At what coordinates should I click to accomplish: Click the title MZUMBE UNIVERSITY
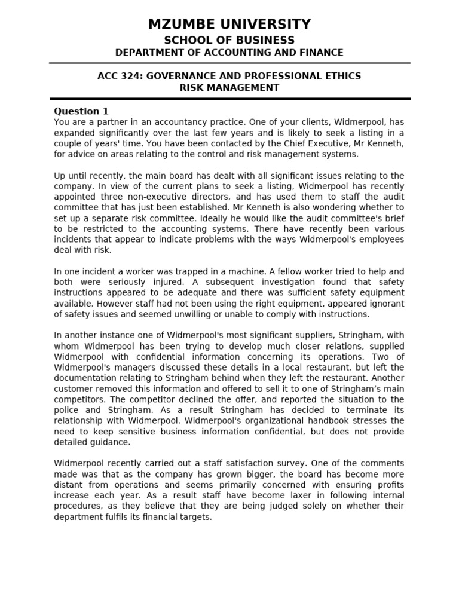coord(229,25)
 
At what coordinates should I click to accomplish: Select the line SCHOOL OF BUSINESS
coord(229,40)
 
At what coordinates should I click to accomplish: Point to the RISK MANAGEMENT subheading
coord(229,88)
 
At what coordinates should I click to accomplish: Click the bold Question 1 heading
coord(81,111)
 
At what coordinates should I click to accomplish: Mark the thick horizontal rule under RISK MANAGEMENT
coord(229,99)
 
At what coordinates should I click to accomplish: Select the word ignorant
coord(385,304)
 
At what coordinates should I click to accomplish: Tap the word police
coord(67,410)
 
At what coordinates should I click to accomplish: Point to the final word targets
coord(194,517)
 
